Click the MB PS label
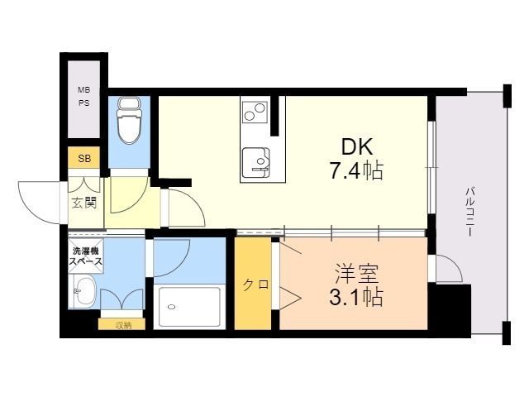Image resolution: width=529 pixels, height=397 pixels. pyautogui.click(x=83, y=97)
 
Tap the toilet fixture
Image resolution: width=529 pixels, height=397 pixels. pyautogui.click(x=128, y=122)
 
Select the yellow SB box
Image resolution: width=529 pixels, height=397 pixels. pyautogui.click(x=83, y=158)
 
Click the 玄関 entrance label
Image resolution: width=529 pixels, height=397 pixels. pyautogui.click(x=83, y=202)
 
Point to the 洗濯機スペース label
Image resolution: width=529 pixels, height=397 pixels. pyautogui.click(x=85, y=256)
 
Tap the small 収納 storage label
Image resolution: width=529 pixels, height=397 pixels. pyautogui.click(x=123, y=324)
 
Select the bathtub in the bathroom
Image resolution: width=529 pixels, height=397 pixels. pyautogui.click(x=189, y=307)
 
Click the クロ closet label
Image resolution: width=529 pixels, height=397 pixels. pyautogui.click(x=255, y=285)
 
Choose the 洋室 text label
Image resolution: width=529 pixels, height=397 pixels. pyautogui.click(x=352, y=271)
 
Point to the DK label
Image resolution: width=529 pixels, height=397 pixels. pyautogui.click(x=358, y=147)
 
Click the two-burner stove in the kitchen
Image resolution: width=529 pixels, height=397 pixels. pyautogui.click(x=255, y=109)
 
